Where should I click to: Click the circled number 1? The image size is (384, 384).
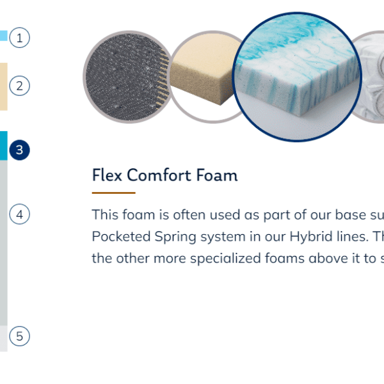20,38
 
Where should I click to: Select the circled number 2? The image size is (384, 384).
20,86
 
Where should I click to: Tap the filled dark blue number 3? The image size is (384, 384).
20,150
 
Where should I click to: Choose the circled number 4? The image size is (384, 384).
20,214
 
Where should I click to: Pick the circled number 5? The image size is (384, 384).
20,336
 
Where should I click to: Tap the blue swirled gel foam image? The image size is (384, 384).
297,77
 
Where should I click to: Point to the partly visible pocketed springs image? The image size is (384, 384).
368,77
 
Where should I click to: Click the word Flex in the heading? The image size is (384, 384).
107,175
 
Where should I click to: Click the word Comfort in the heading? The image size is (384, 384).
159,175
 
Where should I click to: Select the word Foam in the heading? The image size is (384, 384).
217,175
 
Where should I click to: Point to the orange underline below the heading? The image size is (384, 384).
114,193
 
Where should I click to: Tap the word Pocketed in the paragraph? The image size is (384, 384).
121,237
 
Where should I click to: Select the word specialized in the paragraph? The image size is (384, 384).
225,259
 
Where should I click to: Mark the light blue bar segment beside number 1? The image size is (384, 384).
4,35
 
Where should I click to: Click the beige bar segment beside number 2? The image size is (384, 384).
4,86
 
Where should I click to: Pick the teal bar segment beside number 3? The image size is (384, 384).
4,146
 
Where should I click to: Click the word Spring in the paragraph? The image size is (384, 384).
175,237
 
